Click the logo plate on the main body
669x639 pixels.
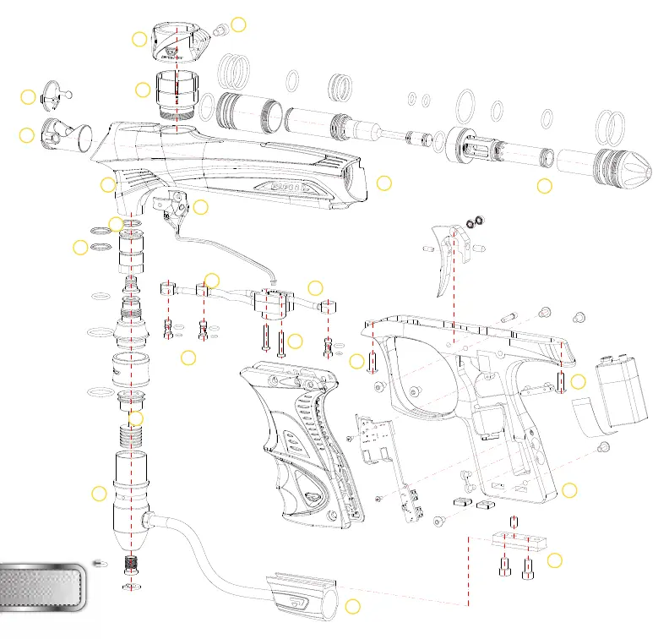click(x=288, y=183)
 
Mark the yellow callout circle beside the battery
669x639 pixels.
click(x=578, y=381)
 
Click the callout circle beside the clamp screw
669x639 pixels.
click(x=239, y=25)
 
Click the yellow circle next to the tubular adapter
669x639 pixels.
click(x=353, y=605)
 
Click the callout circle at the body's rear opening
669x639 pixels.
click(x=384, y=183)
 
